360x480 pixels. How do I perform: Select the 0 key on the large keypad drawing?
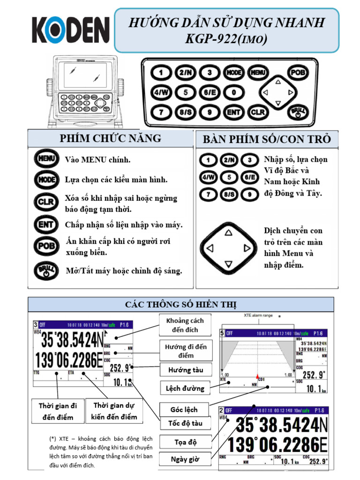point(233,92)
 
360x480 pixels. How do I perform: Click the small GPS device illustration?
point(85,89)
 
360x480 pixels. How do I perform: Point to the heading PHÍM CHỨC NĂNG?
point(110,138)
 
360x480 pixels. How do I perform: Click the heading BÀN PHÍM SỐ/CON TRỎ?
point(267,139)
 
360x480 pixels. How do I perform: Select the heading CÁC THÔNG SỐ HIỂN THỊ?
point(180,305)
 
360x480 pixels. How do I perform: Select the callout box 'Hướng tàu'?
point(186,370)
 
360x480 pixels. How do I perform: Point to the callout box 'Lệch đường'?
point(185,388)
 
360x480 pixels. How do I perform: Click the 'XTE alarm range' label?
point(258,315)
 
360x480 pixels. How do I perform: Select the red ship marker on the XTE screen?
point(257,376)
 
